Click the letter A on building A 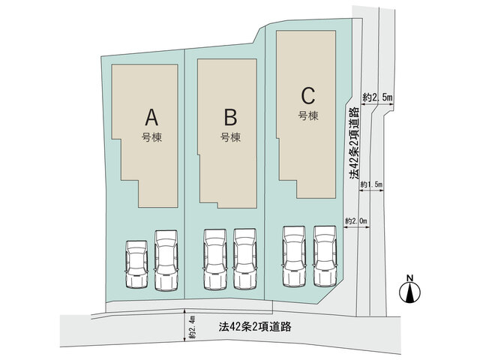tap(151, 118)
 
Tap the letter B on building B tap(230, 118)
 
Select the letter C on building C tap(308, 96)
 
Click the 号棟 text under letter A tap(151, 137)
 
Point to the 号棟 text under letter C tap(308, 115)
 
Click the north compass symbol tap(410, 292)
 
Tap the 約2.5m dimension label tap(377, 97)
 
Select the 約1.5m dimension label tap(371, 184)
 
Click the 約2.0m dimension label tap(356, 221)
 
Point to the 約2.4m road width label tap(192, 327)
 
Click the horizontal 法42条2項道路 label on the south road tap(255, 327)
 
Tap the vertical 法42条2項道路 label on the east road tap(354, 143)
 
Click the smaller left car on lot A tap(136, 264)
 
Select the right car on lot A tap(166, 260)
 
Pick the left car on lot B tap(215, 259)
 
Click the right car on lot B tap(245, 259)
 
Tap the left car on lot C tap(294, 256)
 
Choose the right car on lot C tap(325, 256)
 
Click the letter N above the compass tap(410, 278)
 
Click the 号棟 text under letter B tap(230, 137)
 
